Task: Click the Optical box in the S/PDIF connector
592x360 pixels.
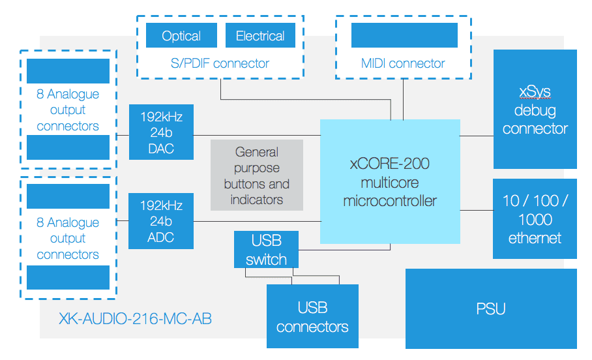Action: pyautogui.click(x=181, y=35)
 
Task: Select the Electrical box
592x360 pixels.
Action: pyautogui.click(x=260, y=35)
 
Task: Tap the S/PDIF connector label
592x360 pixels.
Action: pyautogui.click(x=220, y=63)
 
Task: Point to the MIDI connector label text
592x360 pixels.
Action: pyautogui.click(x=403, y=63)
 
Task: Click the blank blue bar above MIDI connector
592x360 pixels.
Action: pyautogui.click(x=404, y=35)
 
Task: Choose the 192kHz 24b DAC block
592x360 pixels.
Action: pyautogui.click(x=161, y=132)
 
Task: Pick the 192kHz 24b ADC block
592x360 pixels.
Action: pyautogui.click(x=161, y=221)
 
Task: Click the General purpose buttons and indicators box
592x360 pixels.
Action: pyautogui.click(x=257, y=175)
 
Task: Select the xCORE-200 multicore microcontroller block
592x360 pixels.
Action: pyautogui.click(x=390, y=182)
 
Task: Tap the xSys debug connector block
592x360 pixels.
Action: pyautogui.click(x=535, y=109)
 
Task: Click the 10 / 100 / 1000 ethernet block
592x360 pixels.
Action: pyautogui.click(x=535, y=218)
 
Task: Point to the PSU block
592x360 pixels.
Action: pyautogui.click(x=491, y=308)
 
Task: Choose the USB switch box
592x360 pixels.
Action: pyautogui.click(x=266, y=249)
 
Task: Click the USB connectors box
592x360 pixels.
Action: pyautogui.click(x=312, y=316)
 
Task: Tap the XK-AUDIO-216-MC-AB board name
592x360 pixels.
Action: pyautogui.click(x=135, y=319)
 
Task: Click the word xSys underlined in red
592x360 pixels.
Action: pyautogui.click(x=535, y=92)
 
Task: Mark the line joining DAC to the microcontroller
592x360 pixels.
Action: pyautogui.click(x=257, y=135)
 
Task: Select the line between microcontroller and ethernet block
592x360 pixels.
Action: pyautogui.click(x=477, y=210)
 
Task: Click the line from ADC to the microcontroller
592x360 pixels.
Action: pyautogui.click(x=257, y=221)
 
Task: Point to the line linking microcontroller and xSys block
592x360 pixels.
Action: pyautogui.click(x=477, y=136)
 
